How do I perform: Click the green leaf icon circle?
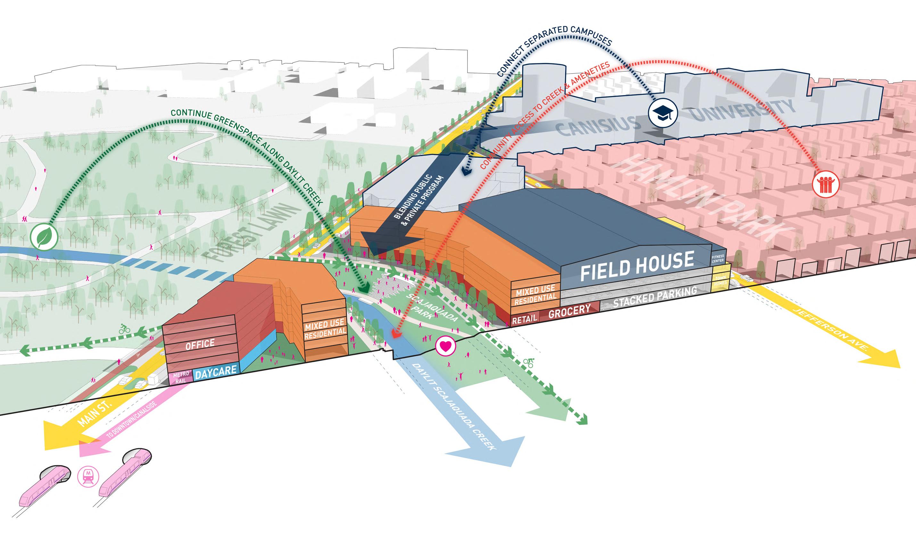click(44, 237)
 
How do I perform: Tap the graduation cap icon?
click(663, 113)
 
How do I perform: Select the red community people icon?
click(825, 185)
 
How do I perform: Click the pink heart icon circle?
click(445, 346)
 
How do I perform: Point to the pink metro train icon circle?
click(88, 476)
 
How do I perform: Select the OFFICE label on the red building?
click(200, 344)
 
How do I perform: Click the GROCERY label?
click(569, 311)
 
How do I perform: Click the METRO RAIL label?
click(181, 377)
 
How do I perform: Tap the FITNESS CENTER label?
click(718, 259)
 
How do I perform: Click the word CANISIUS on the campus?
click(598, 125)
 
